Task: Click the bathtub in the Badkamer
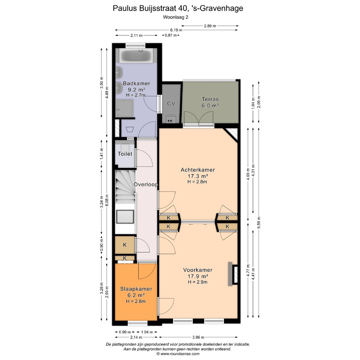[x=136, y=56]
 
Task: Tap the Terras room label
[x=210, y=99]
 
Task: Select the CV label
[x=171, y=103]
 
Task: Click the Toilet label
[x=125, y=154]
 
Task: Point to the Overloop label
[x=146, y=184]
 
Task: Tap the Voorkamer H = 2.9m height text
[x=198, y=282]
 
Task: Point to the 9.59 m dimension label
[x=259, y=223]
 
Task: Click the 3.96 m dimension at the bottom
[x=198, y=337]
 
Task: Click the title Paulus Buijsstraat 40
[x=178, y=8]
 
